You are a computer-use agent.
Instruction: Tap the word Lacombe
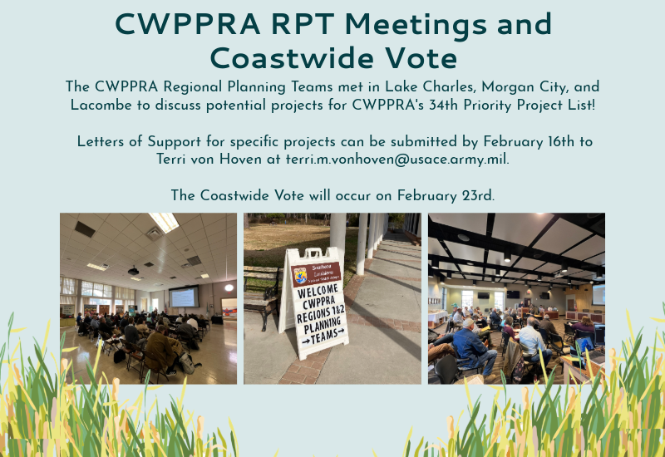[x=99, y=105]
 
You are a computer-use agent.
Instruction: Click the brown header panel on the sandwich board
[x=316, y=273]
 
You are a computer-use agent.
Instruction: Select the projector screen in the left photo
[x=185, y=297]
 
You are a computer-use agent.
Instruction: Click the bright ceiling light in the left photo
[x=163, y=221]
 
